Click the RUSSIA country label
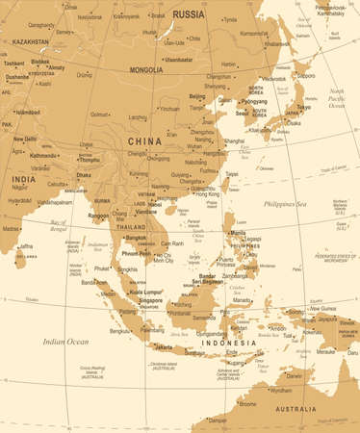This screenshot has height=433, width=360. pos(190,13)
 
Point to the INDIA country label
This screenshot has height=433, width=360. pos(24,179)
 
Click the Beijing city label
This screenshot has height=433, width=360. pos(197,97)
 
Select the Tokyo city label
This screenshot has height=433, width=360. pos(303,107)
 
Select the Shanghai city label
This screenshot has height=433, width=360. pos(234,140)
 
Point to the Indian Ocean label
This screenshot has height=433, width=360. pos(64,342)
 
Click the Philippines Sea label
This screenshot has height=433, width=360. pos(289,204)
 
